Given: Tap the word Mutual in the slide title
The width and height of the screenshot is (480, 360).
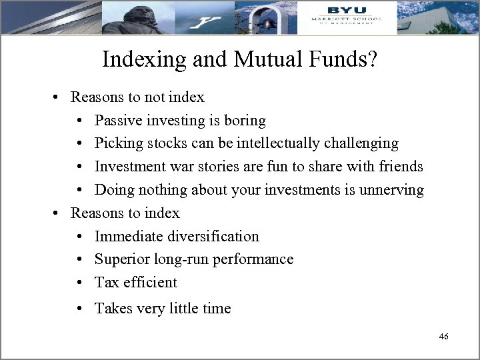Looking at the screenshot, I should (x=258, y=61).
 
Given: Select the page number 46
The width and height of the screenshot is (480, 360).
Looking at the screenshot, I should (x=443, y=337).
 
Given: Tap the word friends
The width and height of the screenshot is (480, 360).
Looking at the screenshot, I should (x=399, y=167).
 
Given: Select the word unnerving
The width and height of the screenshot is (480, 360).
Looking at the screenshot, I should (x=390, y=190).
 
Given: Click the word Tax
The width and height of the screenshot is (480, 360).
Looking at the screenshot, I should (x=107, y=282).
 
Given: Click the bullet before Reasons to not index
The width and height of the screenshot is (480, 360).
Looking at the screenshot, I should (x=58, y=97).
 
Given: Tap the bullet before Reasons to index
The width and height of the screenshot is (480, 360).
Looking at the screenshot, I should (x=58, y=213).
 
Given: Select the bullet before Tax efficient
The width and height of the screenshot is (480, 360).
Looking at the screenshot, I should (x=80, y=282).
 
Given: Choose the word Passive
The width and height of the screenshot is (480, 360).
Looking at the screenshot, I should (x=119, y=121).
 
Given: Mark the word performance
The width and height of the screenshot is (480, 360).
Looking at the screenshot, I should (x=257, y=259).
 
